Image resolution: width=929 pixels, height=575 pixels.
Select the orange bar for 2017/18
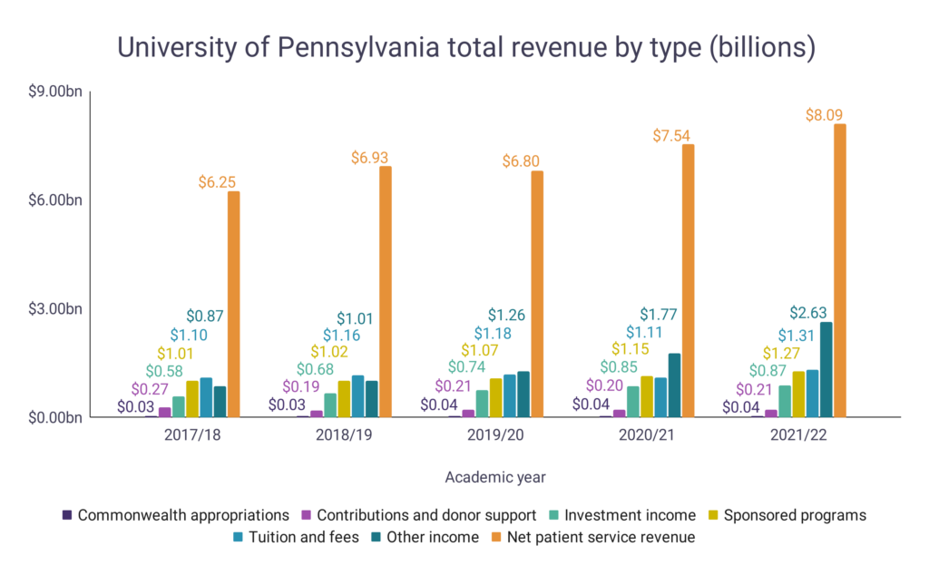click(233, 304)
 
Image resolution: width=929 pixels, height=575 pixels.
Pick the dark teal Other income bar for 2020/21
click(674, 385)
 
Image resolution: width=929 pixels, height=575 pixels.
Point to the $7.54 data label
click(671, 136)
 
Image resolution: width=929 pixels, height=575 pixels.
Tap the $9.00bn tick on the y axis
click(56, 92)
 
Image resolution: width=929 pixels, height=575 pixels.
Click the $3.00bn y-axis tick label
click(56, 308)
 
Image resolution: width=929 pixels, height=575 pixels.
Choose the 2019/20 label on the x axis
click(496, 435)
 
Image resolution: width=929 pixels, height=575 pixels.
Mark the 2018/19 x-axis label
click(344, 435)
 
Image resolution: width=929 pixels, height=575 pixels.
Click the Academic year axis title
click(495, 476)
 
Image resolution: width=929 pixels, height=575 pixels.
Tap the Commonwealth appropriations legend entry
click(182, 515)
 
